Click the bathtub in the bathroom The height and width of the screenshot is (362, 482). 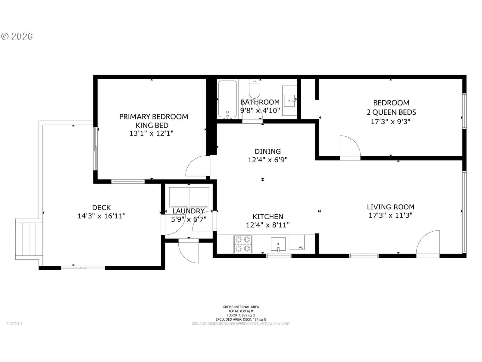[227, 99]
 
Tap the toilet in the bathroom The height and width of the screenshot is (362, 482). [255, 89]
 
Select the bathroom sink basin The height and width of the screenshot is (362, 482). [289, 101]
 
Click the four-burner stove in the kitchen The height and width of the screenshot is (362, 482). [243, 244]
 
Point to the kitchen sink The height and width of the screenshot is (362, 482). [278, 244]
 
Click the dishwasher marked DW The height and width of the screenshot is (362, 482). [297, 243]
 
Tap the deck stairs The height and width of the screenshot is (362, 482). [29, 239]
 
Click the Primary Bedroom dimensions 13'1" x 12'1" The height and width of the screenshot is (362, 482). [151, 133]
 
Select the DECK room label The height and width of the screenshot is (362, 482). [102, 208]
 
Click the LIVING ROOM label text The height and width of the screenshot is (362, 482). [391, 207]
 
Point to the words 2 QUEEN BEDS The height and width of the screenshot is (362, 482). [391, 112]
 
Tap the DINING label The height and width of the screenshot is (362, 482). [268, 151]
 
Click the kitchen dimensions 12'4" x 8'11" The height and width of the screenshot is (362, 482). [268, 225]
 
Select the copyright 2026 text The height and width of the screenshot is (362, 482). [17, 37]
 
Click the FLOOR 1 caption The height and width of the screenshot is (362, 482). [14, 323]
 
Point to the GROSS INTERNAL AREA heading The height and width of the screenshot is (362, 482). [241, 307]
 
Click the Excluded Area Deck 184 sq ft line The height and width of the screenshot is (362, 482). [241, 319]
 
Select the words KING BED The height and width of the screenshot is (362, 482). [152, 125]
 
